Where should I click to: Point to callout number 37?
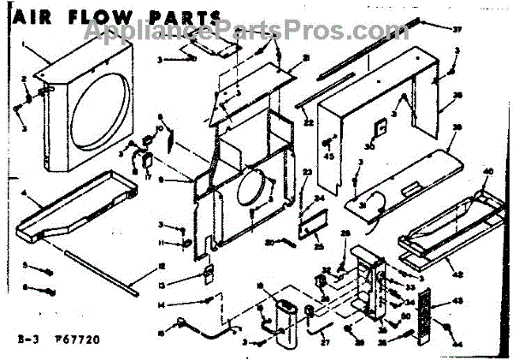[457, 29]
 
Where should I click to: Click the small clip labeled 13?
[206, 273]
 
